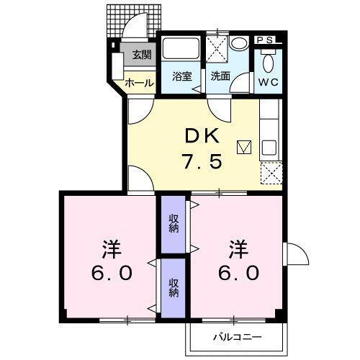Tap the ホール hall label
[x=140, y=83]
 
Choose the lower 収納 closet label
[x=174, y=288]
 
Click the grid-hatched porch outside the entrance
[x=123, y=20]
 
